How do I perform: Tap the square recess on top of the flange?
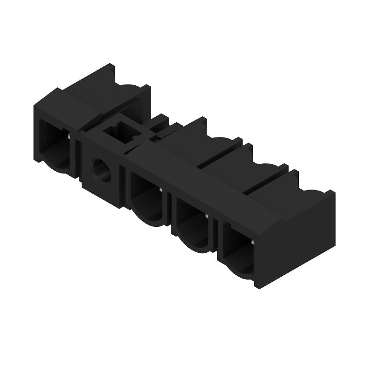click(122, 131)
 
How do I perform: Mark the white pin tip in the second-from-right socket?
click(207, 215)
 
